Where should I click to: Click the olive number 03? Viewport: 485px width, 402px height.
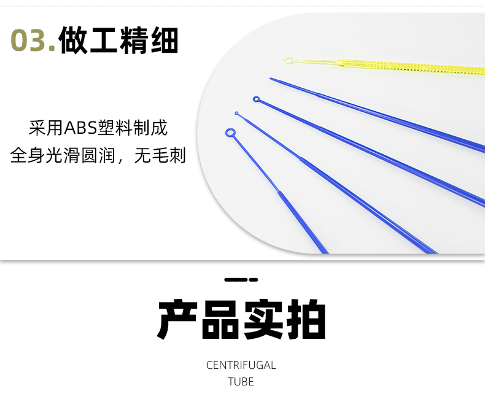(33, 41)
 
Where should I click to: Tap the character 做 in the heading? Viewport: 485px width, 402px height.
(73, 41)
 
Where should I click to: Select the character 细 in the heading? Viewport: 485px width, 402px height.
(165, 41)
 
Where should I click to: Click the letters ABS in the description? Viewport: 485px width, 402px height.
(80, 128)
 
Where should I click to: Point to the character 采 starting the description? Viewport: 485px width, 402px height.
(37, 128)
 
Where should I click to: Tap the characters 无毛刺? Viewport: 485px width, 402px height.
(160, 155)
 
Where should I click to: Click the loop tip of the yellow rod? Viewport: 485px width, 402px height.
(289, 60)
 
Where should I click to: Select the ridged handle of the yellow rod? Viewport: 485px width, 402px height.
(411, 66)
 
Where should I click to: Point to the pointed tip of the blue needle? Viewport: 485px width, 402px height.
(271, 79)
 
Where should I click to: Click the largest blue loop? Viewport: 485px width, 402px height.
(230, 133)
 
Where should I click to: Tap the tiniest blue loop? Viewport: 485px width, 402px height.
(236, 114)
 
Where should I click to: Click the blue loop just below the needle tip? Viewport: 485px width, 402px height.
(256, 99)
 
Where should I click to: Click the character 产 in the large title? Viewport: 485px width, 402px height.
(177, 319)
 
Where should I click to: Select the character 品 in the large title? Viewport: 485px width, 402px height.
(220, 319)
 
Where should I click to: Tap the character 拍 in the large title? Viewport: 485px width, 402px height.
(306, 319)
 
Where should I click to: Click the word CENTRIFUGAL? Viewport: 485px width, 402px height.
(241, 365)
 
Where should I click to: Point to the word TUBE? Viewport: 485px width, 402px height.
(241, 382)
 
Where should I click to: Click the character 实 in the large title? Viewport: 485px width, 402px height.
(263, 319)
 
